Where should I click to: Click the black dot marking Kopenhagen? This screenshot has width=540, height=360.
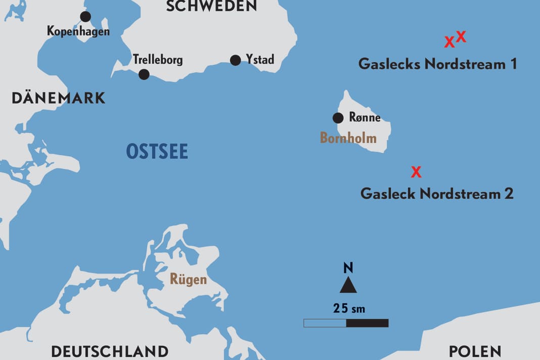85,17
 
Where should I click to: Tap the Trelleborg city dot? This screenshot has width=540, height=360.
144,74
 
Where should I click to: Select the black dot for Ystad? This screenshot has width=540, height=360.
235,60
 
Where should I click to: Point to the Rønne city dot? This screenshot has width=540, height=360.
338,118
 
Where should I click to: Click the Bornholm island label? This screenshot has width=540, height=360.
348,137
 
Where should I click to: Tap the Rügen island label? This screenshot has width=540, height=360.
188,279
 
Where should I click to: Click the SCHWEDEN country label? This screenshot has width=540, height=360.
211,6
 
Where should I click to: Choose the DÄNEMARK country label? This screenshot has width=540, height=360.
59,98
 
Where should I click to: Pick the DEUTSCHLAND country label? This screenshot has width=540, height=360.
110,351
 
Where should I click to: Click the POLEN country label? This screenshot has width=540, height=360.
475,351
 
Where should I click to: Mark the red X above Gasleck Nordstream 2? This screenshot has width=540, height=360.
416,172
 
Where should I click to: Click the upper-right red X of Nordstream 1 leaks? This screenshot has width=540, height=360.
461,36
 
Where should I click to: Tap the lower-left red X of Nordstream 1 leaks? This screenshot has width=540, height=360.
449,42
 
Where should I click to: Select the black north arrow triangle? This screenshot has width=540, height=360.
348,286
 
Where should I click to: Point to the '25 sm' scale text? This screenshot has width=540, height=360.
349,308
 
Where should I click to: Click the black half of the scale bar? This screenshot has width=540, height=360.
367,323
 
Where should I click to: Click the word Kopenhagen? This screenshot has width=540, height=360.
78,31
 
